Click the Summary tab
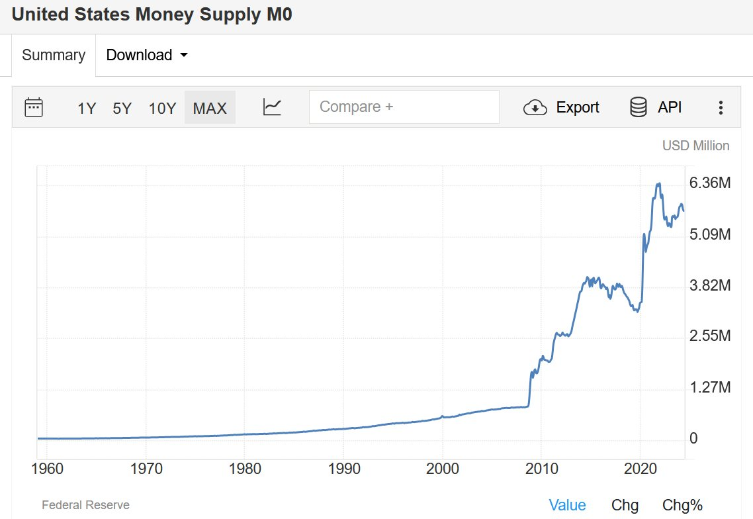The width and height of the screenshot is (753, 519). coord(54,55)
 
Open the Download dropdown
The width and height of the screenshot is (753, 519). coord(147,55)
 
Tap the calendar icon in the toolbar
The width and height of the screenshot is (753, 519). coord(34,107)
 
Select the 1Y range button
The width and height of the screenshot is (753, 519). coord(87,108)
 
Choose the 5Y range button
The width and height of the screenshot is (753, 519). coord(122,108)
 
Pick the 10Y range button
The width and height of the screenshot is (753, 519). coord(162,108)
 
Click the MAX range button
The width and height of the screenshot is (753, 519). coord(210,108)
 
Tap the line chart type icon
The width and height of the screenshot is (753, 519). coord(272,107)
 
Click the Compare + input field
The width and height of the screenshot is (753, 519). coord(404,107)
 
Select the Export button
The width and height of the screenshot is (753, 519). coord(561,107)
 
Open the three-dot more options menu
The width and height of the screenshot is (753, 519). coord(721,108)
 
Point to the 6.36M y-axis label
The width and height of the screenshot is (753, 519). coord(710,183)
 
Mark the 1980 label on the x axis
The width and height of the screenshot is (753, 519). coord(245,469)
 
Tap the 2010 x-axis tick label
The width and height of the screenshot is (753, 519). coord(541,469)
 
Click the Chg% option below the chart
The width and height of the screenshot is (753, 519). coord(682,506)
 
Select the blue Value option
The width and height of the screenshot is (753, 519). coord(567,506)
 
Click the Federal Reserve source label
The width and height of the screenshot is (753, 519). coord(85,505)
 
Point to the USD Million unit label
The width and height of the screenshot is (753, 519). coord(695,146)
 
